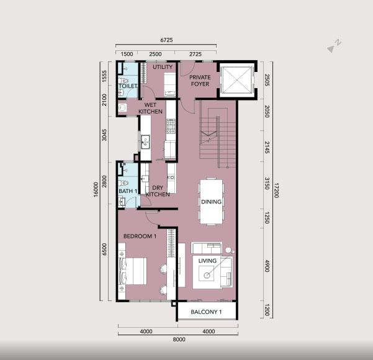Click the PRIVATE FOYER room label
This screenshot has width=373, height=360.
200,81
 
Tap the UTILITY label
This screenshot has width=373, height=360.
163,67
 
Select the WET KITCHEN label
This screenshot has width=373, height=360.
150,108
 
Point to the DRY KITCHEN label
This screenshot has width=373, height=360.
158,191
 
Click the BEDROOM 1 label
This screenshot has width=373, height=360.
140,236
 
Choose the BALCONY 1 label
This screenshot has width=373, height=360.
206,312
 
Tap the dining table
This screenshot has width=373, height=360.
211,201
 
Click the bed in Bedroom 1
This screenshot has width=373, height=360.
132,271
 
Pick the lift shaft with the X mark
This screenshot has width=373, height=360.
236,79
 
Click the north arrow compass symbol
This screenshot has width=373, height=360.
334,46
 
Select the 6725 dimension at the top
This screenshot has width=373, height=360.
166,40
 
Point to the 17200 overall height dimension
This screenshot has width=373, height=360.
276,190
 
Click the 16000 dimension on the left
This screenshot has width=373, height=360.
96,189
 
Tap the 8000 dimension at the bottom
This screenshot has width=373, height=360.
179,340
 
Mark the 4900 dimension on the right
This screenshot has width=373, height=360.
267,266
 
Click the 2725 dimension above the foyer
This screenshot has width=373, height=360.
195,54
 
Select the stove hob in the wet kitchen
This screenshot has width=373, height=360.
171,127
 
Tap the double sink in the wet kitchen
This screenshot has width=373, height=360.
145,142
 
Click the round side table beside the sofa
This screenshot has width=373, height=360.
228,250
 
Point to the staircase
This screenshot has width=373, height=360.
217,135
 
